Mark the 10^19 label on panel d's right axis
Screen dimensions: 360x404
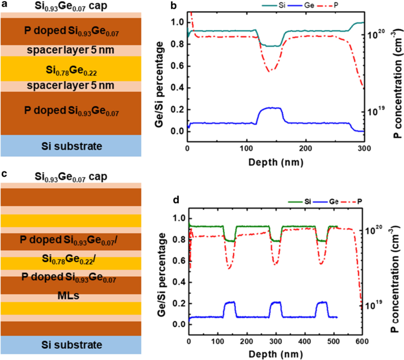(x=376, y=306)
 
